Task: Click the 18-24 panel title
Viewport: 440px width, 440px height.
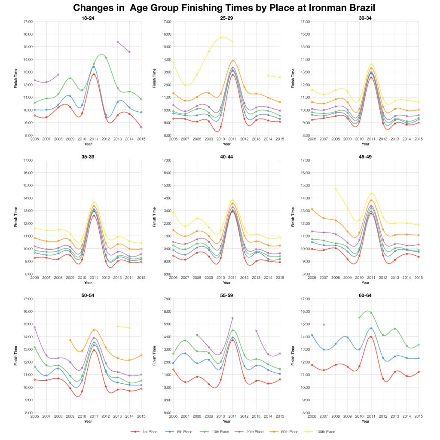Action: [88, 18]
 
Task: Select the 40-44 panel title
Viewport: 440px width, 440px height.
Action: [226, 156]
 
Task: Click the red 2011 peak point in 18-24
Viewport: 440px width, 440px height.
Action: [94, 74]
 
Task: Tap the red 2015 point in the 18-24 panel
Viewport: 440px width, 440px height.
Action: [141, 127]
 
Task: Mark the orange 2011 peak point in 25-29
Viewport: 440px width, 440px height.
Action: [232, 61]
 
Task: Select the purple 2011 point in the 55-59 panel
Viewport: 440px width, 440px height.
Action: [232, 318]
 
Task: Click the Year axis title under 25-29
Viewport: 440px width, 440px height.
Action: [226, 144]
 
